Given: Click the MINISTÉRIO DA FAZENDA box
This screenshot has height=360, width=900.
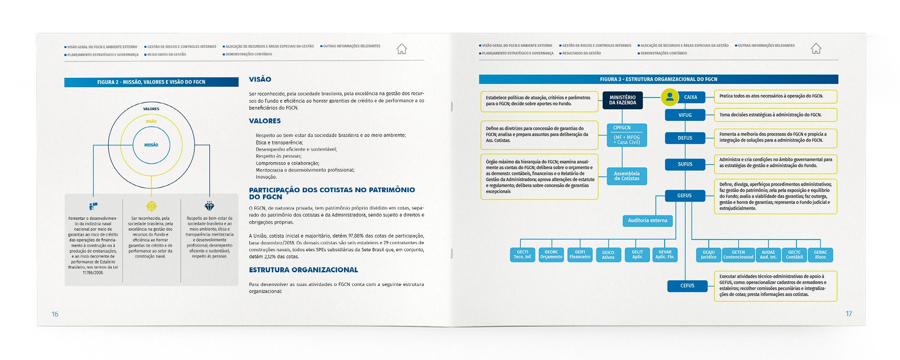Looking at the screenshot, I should click(622, 100).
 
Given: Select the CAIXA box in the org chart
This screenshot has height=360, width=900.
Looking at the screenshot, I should click(690, 97).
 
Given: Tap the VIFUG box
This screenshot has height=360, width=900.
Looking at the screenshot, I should click(685, 115).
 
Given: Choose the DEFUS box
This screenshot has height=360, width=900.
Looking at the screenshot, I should click(685, 138).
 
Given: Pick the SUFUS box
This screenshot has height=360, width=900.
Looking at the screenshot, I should click(685, 164).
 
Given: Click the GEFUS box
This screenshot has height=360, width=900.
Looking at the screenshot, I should click(684, 195).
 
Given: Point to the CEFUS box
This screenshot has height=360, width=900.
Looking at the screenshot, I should click(687, 285).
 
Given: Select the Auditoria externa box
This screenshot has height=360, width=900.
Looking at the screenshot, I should click(647, 220).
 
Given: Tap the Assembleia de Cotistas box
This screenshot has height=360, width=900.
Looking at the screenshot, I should click(627, 176).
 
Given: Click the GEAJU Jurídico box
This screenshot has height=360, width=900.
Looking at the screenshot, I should click(708, 255).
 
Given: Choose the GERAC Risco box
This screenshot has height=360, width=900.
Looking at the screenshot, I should click(820, 255).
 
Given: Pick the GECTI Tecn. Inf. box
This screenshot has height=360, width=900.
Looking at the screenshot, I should click(522, 255).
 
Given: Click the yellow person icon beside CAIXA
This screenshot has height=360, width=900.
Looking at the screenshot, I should click(670, 97).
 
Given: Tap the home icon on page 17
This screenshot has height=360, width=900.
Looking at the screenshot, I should click(816, 48).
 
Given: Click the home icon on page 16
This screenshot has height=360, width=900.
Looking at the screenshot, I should click(402, 49).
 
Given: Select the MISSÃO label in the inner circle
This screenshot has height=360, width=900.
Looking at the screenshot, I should click(151, 145).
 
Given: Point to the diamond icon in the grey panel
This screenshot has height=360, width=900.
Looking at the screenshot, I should click(210, 206).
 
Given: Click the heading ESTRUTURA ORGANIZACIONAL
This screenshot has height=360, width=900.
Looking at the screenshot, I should click(303, 270).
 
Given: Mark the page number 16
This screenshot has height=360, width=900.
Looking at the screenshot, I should click(55, 314).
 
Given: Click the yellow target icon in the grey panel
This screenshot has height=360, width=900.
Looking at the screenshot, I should click(151, 206).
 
